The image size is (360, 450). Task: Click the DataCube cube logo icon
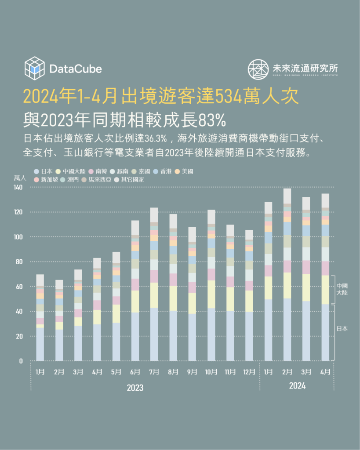35,68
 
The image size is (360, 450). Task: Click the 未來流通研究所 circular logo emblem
258,69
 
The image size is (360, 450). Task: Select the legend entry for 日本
44,171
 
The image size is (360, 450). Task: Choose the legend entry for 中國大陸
71,171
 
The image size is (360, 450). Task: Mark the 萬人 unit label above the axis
20,178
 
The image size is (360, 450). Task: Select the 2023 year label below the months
135,388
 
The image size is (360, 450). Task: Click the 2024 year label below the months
297,386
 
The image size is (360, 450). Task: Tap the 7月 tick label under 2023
154,372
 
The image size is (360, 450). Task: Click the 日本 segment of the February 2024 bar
287,330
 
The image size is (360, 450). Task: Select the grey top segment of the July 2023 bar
154,215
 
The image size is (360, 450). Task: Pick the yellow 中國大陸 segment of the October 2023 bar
211,294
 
